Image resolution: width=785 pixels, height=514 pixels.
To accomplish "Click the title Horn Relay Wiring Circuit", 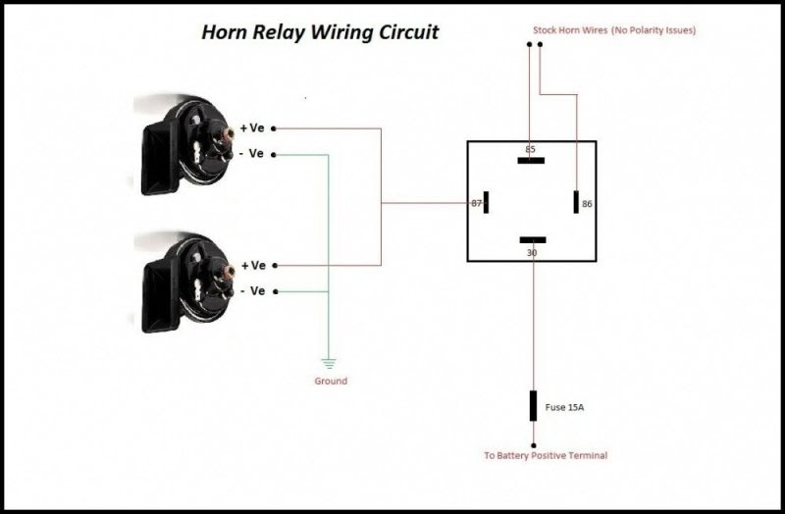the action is coord(320,32).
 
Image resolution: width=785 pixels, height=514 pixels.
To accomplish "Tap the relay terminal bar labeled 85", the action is coord(531,161).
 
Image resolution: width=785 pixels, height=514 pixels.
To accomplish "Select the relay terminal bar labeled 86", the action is coord(576,202).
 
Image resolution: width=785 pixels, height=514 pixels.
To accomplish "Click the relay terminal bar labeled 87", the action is coord(486,202).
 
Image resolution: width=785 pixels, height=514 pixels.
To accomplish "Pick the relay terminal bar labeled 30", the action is coord(533,239).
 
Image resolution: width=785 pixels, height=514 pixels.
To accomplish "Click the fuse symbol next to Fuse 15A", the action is coord(533,406).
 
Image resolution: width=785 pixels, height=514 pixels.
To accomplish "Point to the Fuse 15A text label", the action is coord(564,407).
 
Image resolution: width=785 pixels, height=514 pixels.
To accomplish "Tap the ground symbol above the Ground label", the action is coord(329,363).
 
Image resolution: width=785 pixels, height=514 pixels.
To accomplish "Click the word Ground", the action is coord(331,381).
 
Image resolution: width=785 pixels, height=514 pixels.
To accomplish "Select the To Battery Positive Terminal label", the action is coord(546,455).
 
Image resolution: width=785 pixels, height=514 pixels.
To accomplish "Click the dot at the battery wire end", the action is coord(533,445).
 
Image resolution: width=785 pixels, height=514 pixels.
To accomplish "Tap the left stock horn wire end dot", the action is coord(529,44).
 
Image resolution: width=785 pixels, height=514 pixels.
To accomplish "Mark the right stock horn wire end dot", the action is coord(540,44).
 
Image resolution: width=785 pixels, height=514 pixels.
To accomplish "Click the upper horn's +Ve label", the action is coord(252,128).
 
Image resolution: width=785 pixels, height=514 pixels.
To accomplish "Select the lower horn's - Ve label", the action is coord(253,290).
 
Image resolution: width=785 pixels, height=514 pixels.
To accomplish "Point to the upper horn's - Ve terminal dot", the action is coord(274,155).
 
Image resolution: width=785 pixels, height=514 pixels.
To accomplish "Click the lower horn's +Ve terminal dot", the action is coord(275,265).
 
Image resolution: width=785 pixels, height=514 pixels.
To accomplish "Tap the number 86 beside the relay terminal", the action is coord(587,204).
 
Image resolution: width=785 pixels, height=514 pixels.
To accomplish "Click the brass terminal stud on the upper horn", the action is coord(228,133).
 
